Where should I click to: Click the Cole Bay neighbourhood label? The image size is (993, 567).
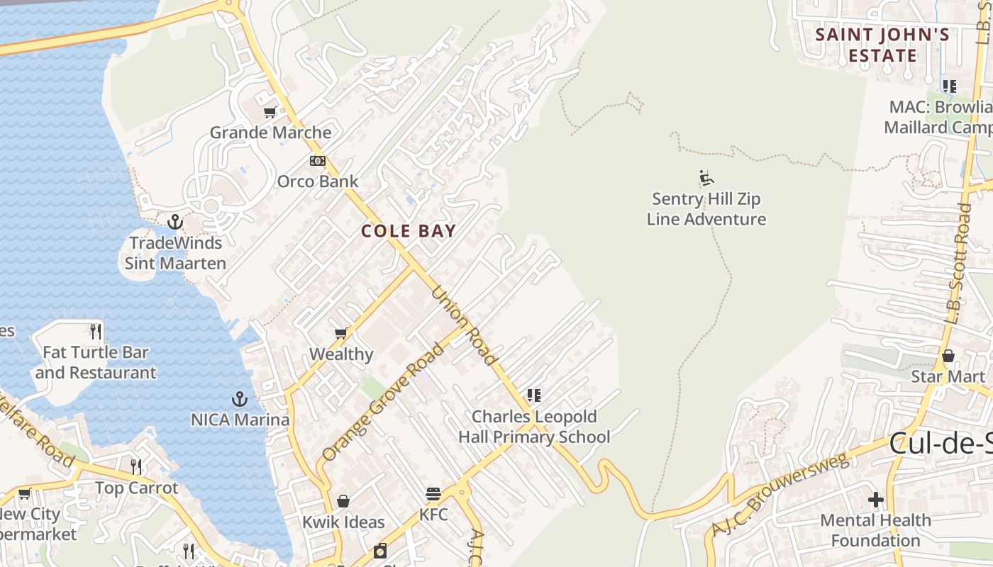click(x=408, y=231)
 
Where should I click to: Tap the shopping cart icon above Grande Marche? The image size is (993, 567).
click(x=270, y=112)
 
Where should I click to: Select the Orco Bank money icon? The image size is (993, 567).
click(x=318, y=161)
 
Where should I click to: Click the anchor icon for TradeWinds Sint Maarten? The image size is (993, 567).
click(x=174, y=222)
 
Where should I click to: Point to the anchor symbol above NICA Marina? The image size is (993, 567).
click(x=240, y=398)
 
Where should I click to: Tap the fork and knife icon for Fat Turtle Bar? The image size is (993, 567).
click(x=96, y=331)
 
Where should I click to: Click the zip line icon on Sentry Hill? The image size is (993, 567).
click(x=706, y=177)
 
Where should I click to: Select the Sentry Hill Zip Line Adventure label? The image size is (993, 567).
click(x=706, y=209)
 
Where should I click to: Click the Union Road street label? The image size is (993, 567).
click(x=464, y=325)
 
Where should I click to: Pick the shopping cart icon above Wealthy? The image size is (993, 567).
click(x=341, y=333)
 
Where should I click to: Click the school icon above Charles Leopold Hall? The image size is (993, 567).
click(x=534, y=395)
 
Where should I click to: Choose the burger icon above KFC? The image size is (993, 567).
click(x=433, y=494)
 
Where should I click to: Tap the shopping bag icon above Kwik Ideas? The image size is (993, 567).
click(x=343, y=501)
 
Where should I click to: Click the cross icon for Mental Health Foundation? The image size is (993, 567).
click(x=876, y=500)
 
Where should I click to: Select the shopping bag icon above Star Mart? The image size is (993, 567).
click(x=948, y=355)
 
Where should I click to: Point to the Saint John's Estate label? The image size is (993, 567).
click(x=882, y=45)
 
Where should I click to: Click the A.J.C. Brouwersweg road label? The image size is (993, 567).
click(x=780, y=495)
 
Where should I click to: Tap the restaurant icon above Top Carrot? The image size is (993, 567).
click(x=136, y=466)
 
